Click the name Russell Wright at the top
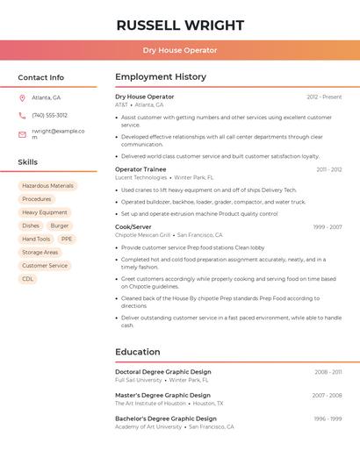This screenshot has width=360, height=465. tap(180, 25)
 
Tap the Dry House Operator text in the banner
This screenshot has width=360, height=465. tap(180, 50)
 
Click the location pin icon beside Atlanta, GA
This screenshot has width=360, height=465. tap(22, 97)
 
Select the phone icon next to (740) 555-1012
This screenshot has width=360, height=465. tap(22, 115)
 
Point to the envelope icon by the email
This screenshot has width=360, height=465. tap(22, 134)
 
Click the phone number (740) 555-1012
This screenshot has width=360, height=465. tap(49, 115)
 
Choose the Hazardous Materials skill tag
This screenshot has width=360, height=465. tap(47, 186)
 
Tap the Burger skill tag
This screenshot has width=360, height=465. tap(60, 225)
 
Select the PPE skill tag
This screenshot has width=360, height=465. tap(67, 239)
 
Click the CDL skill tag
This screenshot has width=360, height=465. tap(28, 279)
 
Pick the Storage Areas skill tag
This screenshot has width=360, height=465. tap(40, 252)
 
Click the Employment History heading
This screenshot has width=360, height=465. tap(161, 77)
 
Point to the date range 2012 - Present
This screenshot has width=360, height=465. tap(324, 97)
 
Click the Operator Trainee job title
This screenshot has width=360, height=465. tap(140, 169)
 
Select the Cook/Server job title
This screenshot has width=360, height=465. tap(133, 227)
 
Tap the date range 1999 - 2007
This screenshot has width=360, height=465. tap(328, 227)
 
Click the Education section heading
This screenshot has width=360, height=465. tap(138, 352)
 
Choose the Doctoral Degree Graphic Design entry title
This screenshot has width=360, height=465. tap(163, 372)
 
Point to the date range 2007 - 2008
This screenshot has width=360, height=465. tap(328, 396)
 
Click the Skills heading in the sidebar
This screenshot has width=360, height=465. tap(28, 162)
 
